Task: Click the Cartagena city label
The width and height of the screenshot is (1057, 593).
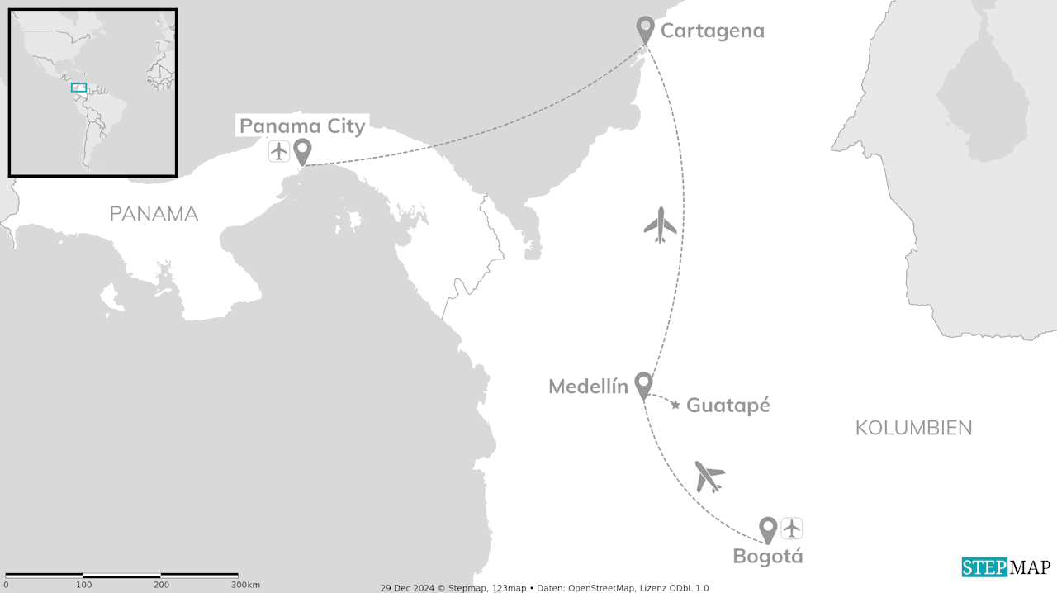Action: coord(712,31)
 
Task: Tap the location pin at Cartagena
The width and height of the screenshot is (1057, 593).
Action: coord(645,29)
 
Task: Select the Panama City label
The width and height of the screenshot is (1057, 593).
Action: coord(301,126)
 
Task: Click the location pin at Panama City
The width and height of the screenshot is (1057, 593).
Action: coord(302,151)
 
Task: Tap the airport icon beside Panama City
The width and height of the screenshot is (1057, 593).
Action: coord(279,151)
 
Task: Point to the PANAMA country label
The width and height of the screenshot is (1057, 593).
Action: coord(154,214)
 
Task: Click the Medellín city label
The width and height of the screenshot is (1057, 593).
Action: coord(588,387)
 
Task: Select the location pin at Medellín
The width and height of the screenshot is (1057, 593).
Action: coord(643,384)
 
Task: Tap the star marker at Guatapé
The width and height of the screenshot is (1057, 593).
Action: coord(675,405)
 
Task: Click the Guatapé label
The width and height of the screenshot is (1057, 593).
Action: coord(728,406)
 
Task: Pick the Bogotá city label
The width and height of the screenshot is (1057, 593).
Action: coord(767,556)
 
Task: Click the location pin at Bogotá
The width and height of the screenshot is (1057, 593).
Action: coord(768,529)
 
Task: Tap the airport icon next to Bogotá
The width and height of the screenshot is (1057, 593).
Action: coord(792,528)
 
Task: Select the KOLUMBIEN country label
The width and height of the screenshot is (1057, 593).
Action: coord(913,428)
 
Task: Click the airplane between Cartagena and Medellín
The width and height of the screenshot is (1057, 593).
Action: coord(660,224)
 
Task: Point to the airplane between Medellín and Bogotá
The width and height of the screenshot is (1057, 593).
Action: coord(709,476)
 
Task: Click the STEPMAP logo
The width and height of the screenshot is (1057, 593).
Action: coord(1006,567)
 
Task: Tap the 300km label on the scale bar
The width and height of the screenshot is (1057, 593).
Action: coord(245,585)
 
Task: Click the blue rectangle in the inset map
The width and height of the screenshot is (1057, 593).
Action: coord(78,88)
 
